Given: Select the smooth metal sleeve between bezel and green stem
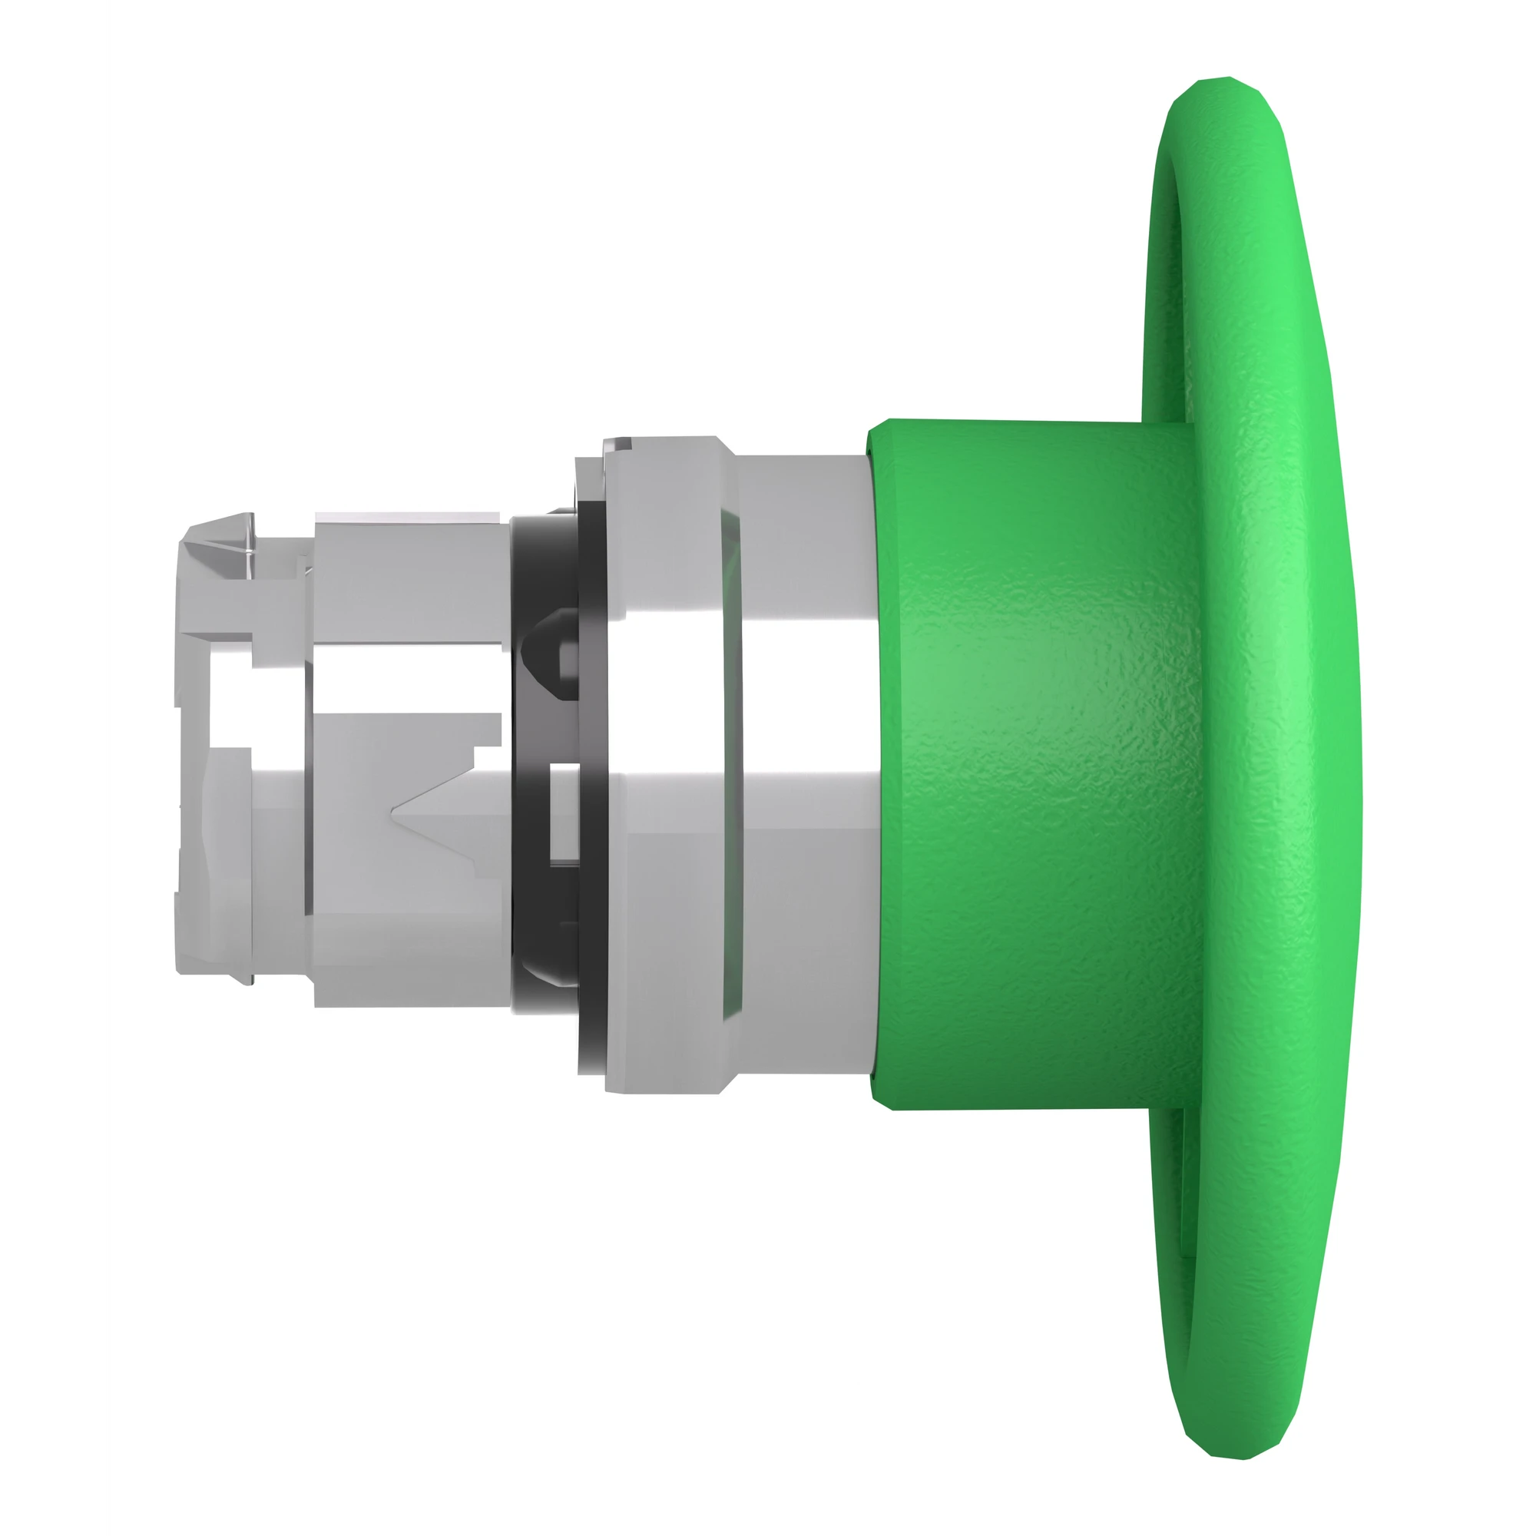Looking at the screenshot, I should [803, 763].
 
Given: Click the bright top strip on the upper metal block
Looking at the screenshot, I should [406, 518].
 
